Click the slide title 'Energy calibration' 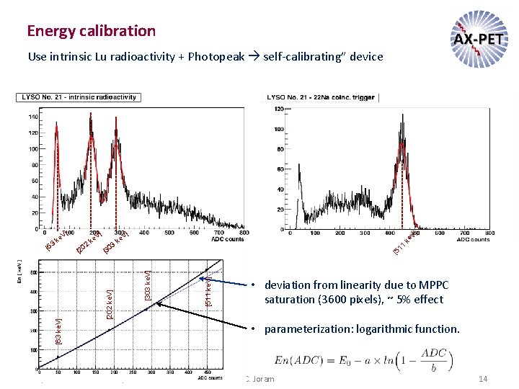(91, 30)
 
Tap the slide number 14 (483, 379)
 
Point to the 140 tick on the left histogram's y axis (33, 117)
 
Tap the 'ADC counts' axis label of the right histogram (472, 239)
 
